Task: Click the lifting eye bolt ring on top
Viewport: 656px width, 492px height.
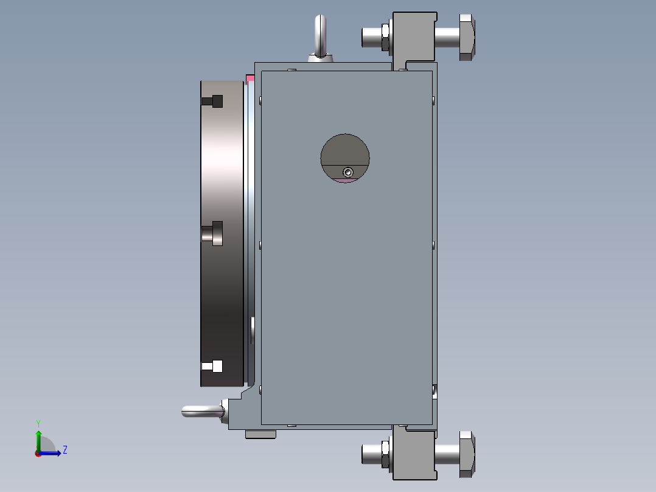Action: coord(320,34)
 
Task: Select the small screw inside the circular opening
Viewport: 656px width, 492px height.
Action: coord(347,172)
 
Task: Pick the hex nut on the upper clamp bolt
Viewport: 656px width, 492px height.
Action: coord(386,37)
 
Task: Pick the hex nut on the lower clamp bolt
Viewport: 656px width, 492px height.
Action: coord(386,454)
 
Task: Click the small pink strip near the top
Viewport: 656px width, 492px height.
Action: coord(250,78)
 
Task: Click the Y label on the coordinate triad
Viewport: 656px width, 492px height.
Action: coord(38,423)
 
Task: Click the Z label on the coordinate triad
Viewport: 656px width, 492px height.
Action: coord(65,450)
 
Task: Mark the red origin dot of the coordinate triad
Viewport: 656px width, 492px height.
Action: coord(38,453)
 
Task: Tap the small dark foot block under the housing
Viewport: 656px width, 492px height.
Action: coord(260,434)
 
